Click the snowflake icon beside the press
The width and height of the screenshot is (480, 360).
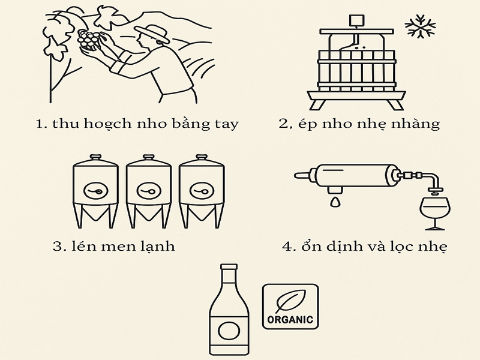(x=420, y=26)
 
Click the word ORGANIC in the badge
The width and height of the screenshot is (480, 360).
(x=290, y=320)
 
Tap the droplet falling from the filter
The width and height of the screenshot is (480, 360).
(x=335, y=202)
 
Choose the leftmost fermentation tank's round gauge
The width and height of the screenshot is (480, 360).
(x=95, y=191)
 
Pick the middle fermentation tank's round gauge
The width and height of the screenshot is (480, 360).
(x=148, y=191)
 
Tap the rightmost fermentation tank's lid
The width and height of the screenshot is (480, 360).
(x=202, y=158)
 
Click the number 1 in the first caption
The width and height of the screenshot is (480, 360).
(x=39, y=124)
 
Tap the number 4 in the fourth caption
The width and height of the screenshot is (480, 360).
(x=287, y=247)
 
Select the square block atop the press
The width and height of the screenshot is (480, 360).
(x=358, y=20)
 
